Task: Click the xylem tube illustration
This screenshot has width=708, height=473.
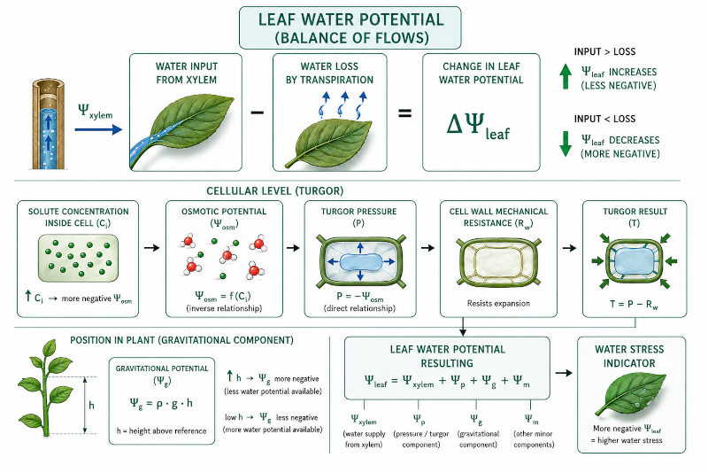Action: click(x=49, y=125)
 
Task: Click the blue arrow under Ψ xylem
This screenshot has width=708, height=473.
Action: click(x=98, y=129)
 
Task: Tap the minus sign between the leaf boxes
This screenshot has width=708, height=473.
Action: click(x=257, y=112)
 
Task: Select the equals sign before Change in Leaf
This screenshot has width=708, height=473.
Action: click(x=404, y=112)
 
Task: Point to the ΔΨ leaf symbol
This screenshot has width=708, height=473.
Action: click(x=478, y=126)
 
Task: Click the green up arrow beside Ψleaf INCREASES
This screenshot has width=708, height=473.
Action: click(x=566, y=76)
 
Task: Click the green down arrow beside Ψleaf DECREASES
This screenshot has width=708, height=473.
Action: click(x=566, y=143)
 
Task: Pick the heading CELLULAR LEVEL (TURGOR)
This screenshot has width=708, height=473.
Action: click(x=275, y=191)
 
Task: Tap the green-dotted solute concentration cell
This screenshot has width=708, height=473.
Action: click(x=79, y=258)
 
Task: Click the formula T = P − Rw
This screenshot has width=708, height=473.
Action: click(x=634, y=305)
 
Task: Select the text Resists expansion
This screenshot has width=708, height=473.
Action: click(x=498, y=303)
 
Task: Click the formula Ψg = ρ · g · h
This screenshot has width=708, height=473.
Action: click(x=161, y=403)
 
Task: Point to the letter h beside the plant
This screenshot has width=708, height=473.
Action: click(x=92, y=405)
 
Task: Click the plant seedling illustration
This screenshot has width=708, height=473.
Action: click(x=45, y=388)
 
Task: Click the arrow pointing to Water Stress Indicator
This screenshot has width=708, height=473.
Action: click(x=564, y=373)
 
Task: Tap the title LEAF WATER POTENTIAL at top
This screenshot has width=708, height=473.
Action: click(x=350, y=19)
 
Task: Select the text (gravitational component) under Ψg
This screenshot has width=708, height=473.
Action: click(x=478, y=438)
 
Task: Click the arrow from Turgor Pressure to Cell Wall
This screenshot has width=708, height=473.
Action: click(x=427, y=247)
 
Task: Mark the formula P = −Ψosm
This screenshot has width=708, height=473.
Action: click(x=360, y=297)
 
